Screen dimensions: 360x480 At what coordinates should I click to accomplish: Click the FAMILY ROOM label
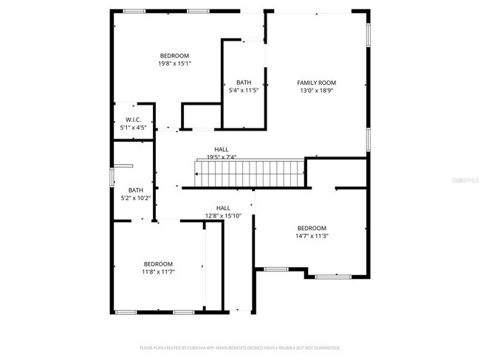click(x=316, y=83)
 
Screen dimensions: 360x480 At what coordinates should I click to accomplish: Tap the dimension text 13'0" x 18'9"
click(x=316, y=91)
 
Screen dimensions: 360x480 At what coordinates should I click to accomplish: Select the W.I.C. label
click(x=133, y=120)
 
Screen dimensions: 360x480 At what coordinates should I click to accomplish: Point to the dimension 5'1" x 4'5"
click(x=133, y=128)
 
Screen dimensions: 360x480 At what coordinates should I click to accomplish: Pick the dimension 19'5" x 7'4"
click(x=222, y=156)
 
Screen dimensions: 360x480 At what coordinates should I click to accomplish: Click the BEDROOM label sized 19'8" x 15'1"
click(x=174, y=56)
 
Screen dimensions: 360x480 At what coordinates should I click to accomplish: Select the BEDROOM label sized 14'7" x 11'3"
click(x=312, y=228)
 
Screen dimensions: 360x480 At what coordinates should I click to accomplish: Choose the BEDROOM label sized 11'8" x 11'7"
click(x=158, y=264)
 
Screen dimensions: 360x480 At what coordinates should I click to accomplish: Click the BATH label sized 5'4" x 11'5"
click(x=244, y=82)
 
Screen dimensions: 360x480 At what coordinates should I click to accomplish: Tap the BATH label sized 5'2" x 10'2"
click(x=135, y=190)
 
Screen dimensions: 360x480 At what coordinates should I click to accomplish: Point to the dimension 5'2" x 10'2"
click(x=135, y=198)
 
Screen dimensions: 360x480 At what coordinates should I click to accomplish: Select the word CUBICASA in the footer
click(x=199, y=347)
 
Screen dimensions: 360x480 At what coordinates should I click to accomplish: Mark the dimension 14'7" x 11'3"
click(x=312, y=236)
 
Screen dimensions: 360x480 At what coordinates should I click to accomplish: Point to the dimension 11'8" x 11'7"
click(x=158, y=271)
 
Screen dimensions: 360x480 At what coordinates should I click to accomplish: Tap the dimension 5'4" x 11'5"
click(x=244, y=90)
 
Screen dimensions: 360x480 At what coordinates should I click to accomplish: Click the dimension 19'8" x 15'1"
click(x=174, y=63)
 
